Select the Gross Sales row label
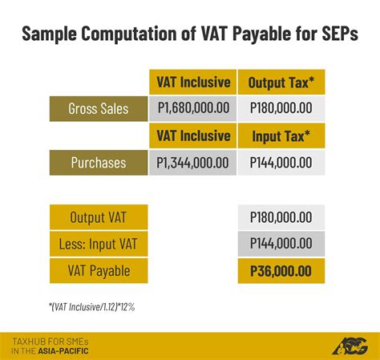(x=98, y=108)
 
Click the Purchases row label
(x=98, y=163)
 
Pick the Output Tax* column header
(x=281, y=82)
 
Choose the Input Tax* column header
(x=281, y=136)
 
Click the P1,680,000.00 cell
(x=192, y=108)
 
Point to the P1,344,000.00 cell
(x=192, y=163)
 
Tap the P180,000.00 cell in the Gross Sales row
(x=281, y=108)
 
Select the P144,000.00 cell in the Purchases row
(x=281, y=163)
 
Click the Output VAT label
(x=98, y=216)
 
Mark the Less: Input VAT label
(x=98, y=244)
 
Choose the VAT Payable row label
(x=98, y=271)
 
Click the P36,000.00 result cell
(x=281, y=271)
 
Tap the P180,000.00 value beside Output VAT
(x=281, y=216)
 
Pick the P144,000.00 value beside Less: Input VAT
(x=281, y=244)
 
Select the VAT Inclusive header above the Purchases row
(x=192, y=136)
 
